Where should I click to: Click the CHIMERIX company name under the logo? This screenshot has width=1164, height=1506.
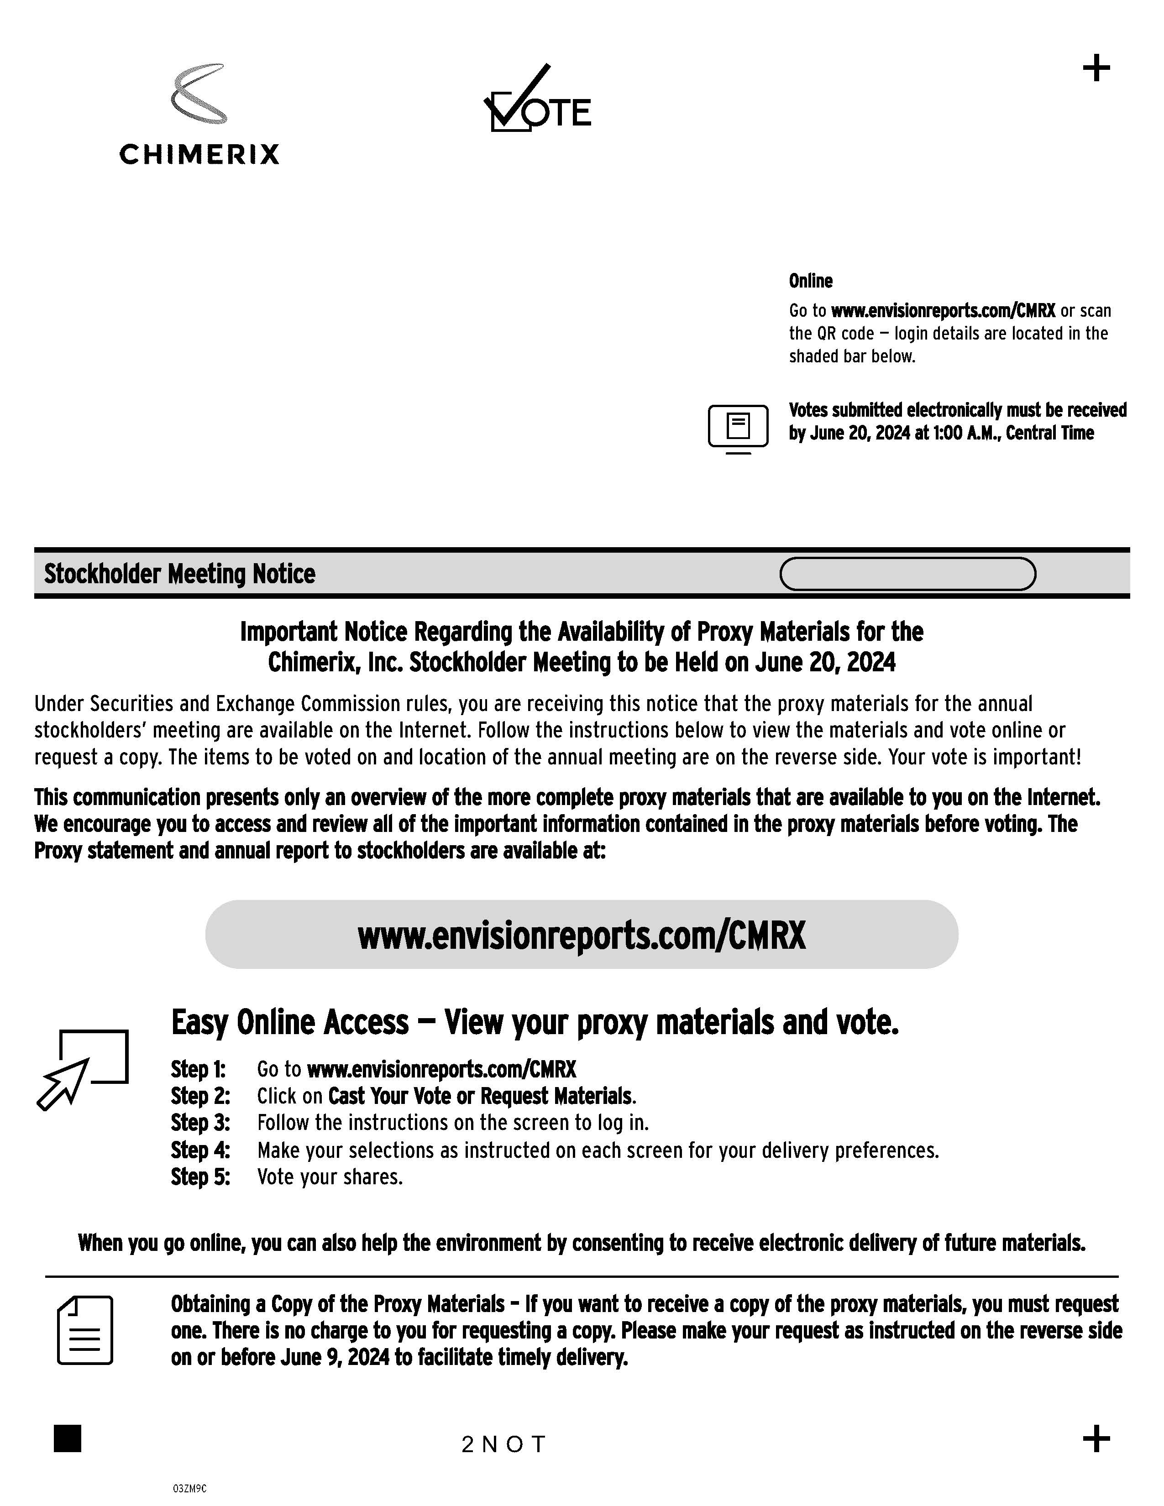pos(199,154)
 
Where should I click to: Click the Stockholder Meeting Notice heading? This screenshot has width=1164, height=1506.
pos(179,574)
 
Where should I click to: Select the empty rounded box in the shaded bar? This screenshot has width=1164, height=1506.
pos(907,574)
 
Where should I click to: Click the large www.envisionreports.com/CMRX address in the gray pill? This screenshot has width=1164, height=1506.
pos(581,936)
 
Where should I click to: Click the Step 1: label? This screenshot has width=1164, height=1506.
pos(199,1070)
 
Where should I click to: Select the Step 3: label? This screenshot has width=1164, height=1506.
pos(200,1123)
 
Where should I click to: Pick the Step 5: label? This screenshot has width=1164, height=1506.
pos(200,1177)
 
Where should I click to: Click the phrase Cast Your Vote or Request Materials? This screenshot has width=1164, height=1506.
pos(480,1096)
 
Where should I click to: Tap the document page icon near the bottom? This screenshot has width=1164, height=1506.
pos(85,1330)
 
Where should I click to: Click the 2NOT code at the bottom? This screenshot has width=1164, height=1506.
pos(503,1444)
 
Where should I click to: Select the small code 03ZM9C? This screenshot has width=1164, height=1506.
pos(189,1489)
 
